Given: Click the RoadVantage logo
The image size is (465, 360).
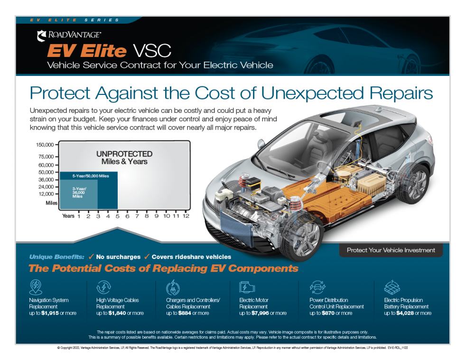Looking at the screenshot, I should (68, 35).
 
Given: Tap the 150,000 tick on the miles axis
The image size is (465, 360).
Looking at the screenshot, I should (46, 144).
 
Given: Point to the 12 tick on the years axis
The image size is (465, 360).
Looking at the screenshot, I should (186, 216).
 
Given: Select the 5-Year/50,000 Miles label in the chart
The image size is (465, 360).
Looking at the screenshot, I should (91, 176).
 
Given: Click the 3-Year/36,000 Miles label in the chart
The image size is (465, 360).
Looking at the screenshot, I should (79, 192).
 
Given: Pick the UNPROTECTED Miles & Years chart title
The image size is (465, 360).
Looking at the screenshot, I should (124, 157).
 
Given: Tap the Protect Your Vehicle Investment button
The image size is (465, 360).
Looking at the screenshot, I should (391, 250).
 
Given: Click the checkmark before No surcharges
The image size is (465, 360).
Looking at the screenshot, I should (91, 257).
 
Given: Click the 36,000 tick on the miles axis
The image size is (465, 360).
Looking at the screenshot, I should (46, 179).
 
